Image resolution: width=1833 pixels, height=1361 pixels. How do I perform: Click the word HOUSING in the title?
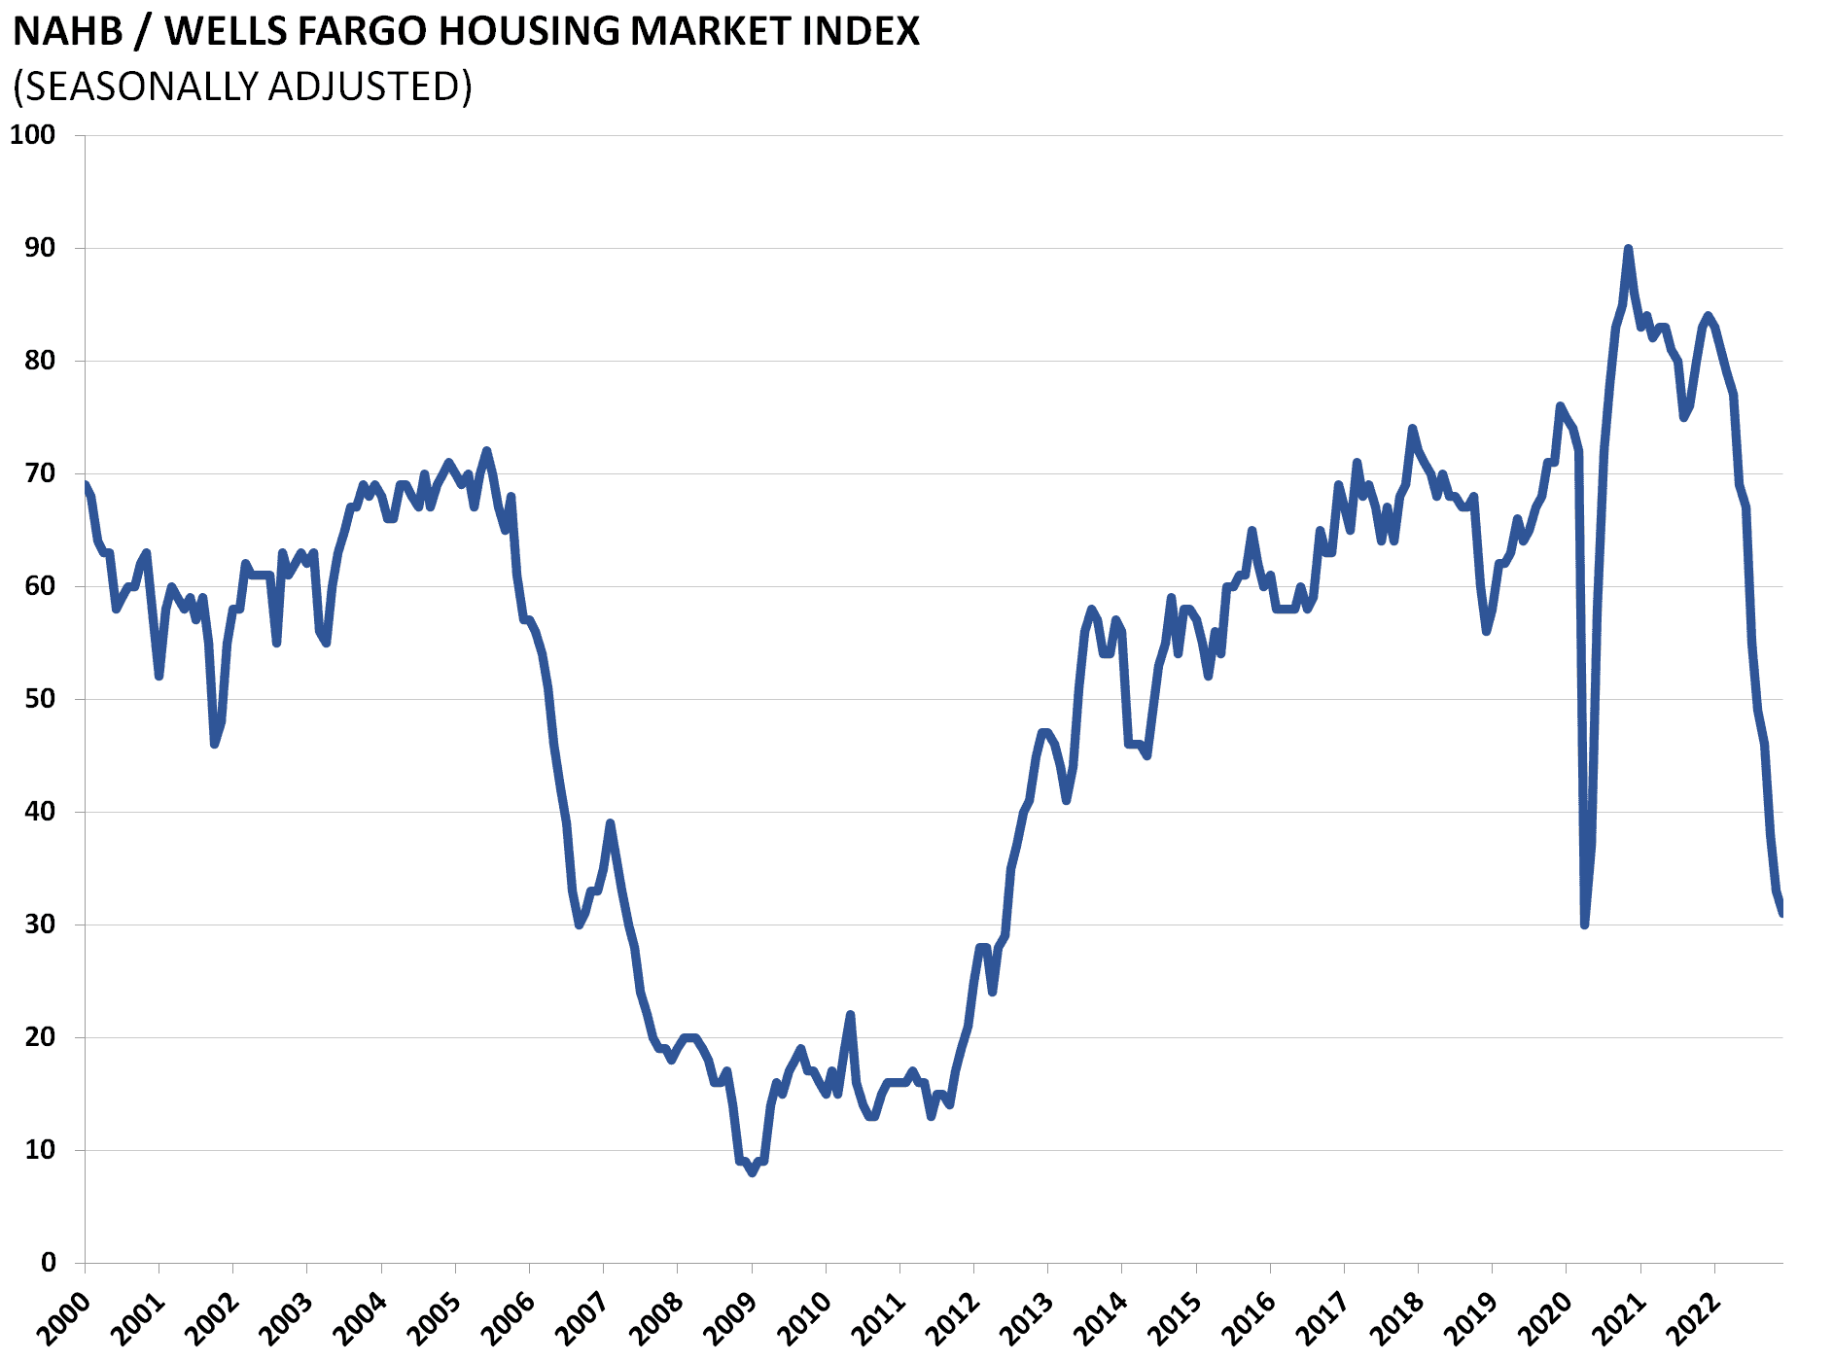529,31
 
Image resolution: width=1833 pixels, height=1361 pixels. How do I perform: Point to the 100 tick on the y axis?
32,135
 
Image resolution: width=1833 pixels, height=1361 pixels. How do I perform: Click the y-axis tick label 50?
40,699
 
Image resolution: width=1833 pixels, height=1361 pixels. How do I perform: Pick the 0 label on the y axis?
48,1262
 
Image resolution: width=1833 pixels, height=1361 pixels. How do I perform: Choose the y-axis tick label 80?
40,361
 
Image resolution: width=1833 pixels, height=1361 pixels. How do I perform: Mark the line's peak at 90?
1628,249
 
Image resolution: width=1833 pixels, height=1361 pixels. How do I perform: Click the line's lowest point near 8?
752,1172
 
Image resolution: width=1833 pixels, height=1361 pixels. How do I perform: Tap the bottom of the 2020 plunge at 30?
1585,924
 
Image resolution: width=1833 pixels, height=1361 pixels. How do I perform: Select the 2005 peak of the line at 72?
487,451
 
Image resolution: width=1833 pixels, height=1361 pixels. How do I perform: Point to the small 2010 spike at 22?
850,1015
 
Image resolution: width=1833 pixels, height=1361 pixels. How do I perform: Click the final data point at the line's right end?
1781,912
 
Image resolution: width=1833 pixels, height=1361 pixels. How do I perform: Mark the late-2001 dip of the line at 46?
214,744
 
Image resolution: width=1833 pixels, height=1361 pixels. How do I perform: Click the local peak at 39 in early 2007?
610,823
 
